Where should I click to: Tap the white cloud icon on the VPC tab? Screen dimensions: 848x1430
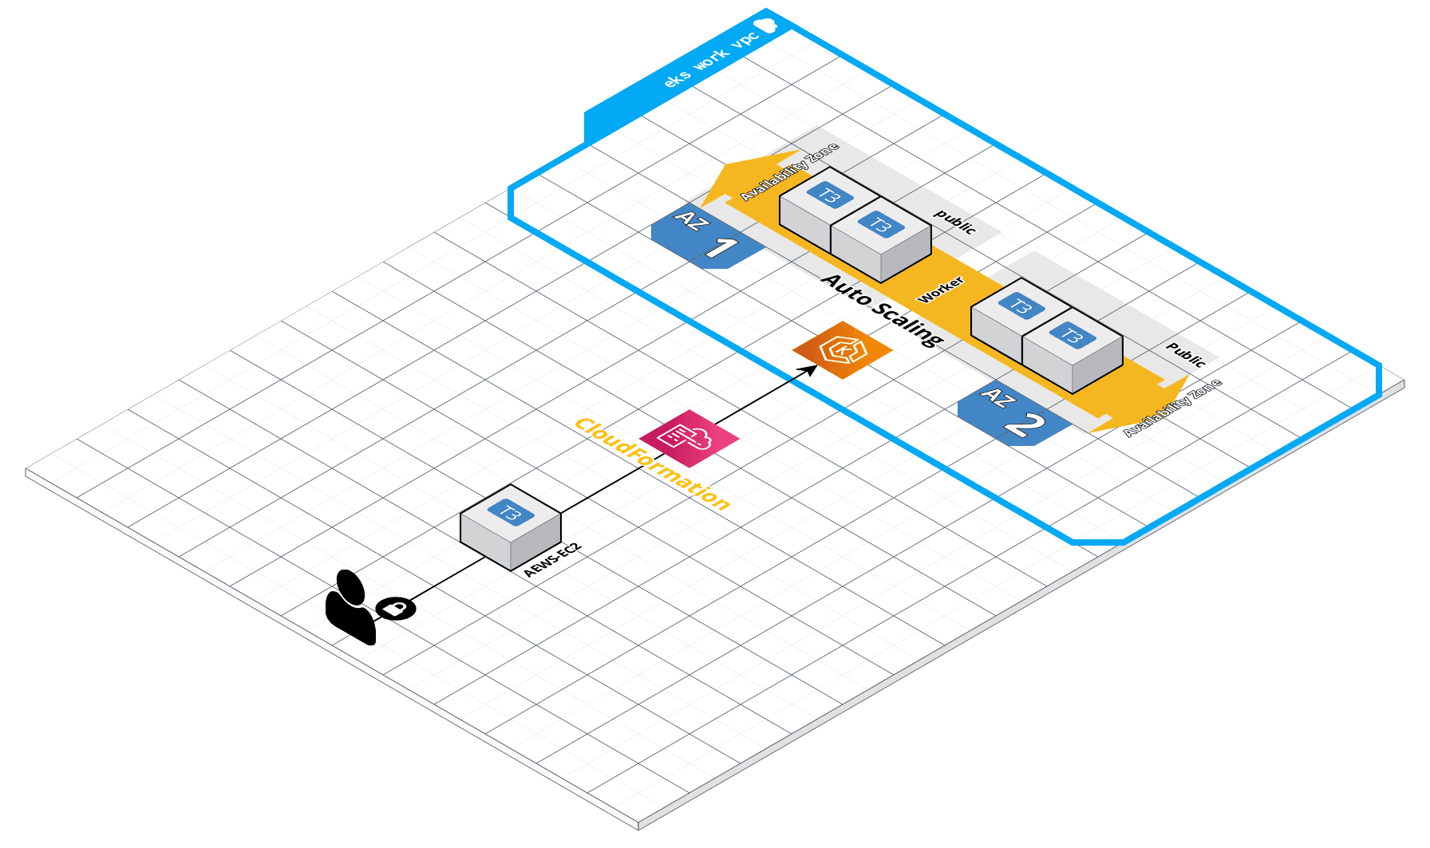(766, 26)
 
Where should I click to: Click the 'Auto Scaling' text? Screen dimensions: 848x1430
(883, 310)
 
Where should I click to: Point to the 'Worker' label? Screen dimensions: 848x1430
(941, 290)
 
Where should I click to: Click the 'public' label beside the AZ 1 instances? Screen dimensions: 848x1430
(955, 222)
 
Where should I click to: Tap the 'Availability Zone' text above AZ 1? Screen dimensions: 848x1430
(789, 172)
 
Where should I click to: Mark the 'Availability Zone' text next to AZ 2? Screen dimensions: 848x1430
(1172, 408)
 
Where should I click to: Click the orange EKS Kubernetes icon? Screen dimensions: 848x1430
(842, 350)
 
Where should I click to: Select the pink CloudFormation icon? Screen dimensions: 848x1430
(689, 438)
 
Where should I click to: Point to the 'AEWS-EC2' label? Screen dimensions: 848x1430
(552, 561)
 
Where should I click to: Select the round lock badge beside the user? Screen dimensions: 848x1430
(396, 609)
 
